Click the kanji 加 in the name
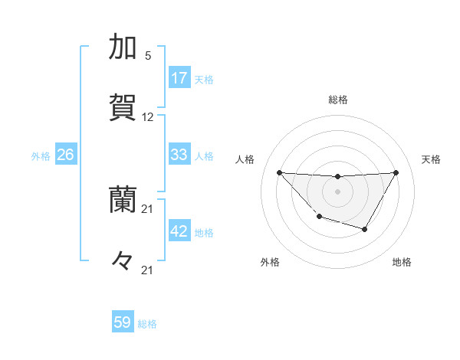click(123, 47)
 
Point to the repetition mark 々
click(123, 261)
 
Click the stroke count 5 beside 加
click(148, 56)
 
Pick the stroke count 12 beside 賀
click(148, 117)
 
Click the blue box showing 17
click(179, 78)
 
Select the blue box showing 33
click(179, 155)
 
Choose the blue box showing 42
click(179, 231)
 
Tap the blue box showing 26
click(65, 155)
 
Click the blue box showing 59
click(123, 322)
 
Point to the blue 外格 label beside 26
click(41, 156)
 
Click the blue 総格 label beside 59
click(147, 324)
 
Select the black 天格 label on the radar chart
click(431, 159)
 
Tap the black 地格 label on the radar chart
click(402, 262)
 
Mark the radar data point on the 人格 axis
click(279, 172)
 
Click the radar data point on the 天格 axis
click(396, 172)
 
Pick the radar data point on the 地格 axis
click(365, 229)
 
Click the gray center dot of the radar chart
click(337, 191)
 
